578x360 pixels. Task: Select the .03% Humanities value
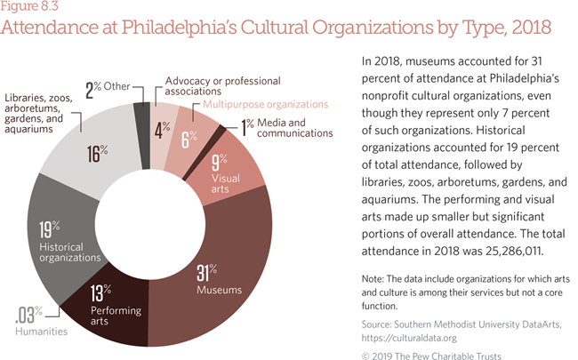tap(28, 313)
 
